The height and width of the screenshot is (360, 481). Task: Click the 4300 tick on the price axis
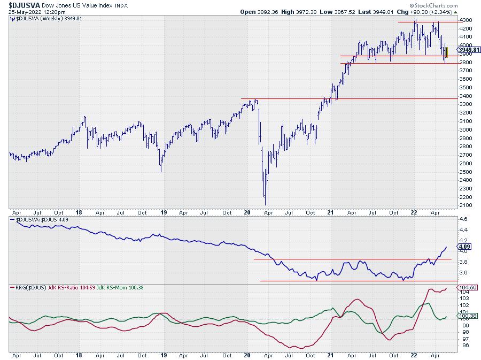(466, 20)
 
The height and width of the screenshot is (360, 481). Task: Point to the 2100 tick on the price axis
(466, 205)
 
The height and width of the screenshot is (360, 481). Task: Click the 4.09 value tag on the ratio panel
(463, 247)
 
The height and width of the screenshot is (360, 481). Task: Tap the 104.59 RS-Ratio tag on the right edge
(467, 288)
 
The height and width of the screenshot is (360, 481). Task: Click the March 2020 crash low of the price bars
(265, 204)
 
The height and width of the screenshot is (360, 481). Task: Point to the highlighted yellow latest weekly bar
(446, 52)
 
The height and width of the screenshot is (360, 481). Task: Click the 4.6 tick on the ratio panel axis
(463, 219)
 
